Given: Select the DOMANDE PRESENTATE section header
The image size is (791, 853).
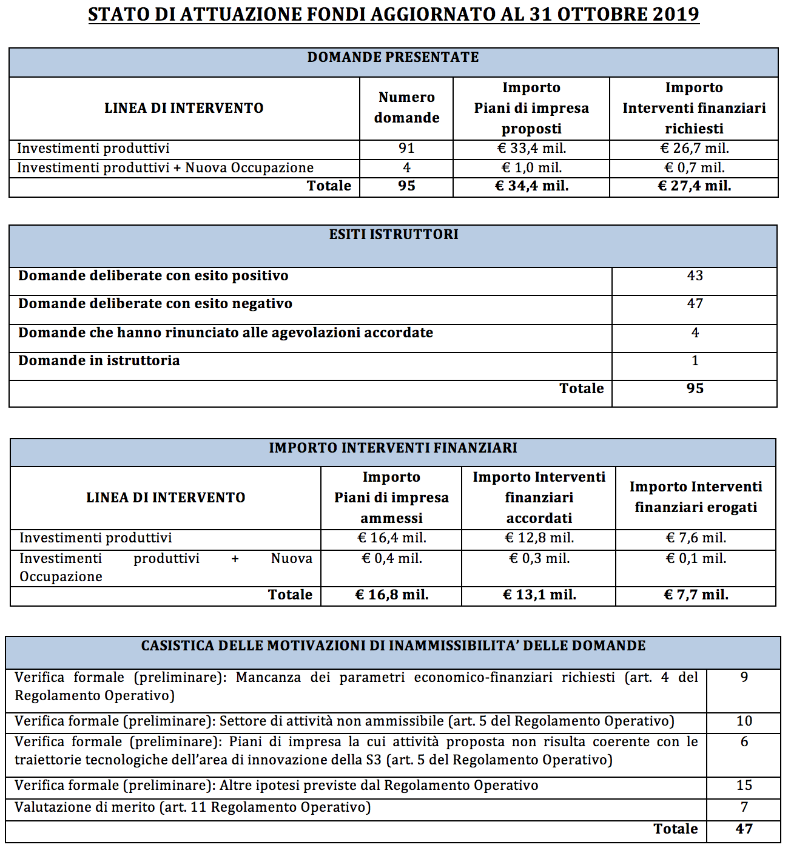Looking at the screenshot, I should click(x=393, y=57).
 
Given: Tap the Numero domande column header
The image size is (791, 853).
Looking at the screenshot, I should click(x=406, y=107).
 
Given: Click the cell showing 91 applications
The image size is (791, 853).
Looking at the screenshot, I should click(x=406, y=149).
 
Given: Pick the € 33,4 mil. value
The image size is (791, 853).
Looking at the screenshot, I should click(x=531, y=149).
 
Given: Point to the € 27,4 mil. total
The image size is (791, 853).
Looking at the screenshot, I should click(x=695, y=186).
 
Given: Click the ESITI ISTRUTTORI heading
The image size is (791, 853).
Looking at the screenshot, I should click(x=394, y=234).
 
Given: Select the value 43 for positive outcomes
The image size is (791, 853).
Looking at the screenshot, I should click(x=695, y=276).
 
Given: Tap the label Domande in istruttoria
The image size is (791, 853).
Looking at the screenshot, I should click(x=99, y=361).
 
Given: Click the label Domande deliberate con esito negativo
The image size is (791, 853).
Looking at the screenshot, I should click(x=155, y=304).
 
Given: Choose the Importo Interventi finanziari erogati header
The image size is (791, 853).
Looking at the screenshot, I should click(x=696, y=497).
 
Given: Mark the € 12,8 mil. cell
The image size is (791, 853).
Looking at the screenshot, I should click(x=539, y=538).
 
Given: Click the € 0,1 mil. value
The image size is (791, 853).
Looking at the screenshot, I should click(x=696, y=559).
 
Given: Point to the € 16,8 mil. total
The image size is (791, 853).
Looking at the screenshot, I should click(x=391, y=595).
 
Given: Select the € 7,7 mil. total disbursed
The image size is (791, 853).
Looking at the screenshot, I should click(x=696, y=595).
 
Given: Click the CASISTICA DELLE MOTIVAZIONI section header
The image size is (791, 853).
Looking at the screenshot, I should click(x=393, y=646).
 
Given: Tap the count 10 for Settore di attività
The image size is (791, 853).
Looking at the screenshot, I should click(x=744, y=721).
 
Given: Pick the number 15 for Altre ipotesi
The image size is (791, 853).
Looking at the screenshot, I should click(x=744, y=786).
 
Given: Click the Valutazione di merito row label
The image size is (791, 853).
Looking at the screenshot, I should click(x=192, y=807).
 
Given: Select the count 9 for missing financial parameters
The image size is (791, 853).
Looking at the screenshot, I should click(x=744, y=678).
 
